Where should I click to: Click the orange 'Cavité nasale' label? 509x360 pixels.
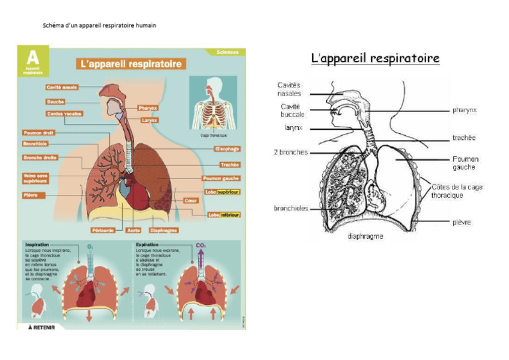(x=63, y=88)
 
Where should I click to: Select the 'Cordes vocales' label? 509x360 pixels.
(x=64, y=113)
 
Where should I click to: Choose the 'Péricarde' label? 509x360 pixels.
(x=104, y=230)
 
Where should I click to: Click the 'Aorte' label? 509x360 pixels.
(x=133, y=230)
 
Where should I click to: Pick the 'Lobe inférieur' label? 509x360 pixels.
(x=223, y=214)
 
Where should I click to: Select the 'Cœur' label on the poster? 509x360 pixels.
(x=191, y=200)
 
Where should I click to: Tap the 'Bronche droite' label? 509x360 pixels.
(x=40, y=158)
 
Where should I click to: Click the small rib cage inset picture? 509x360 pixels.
(x=212, y=106)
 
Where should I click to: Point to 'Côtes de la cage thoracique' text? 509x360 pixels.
(x=457, y=191)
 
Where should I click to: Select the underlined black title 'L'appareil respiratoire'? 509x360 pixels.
(x=375, y=59)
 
